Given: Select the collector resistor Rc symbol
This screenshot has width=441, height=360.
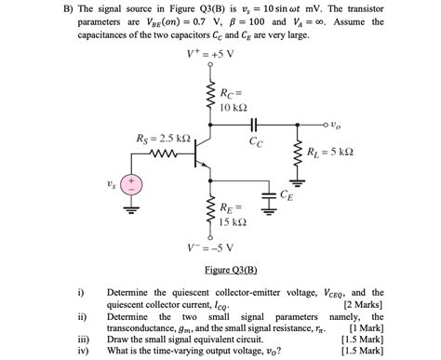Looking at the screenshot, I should (x=210, y=96).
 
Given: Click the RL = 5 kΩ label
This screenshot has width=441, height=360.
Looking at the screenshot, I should (x=331, y=152).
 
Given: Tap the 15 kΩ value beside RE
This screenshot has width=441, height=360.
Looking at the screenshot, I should (x=233, y=222).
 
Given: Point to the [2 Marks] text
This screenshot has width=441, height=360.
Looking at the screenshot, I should (x=364, y=304).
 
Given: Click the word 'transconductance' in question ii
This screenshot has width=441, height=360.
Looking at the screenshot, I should (x=150, y=327).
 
